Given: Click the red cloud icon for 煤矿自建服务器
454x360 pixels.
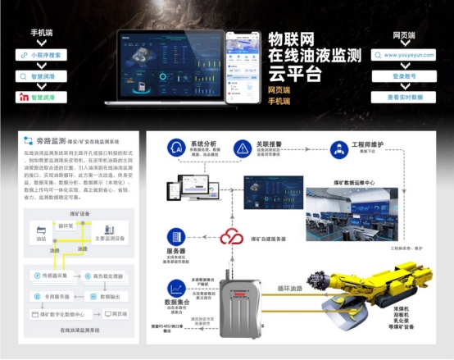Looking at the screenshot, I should [x=231, y=236].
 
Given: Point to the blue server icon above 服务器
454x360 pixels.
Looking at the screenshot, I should [x=175, y=236].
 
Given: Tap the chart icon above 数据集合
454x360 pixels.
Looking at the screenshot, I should [x=175, y=288].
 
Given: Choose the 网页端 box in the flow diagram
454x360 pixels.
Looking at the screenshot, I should [x=118, y=313].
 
